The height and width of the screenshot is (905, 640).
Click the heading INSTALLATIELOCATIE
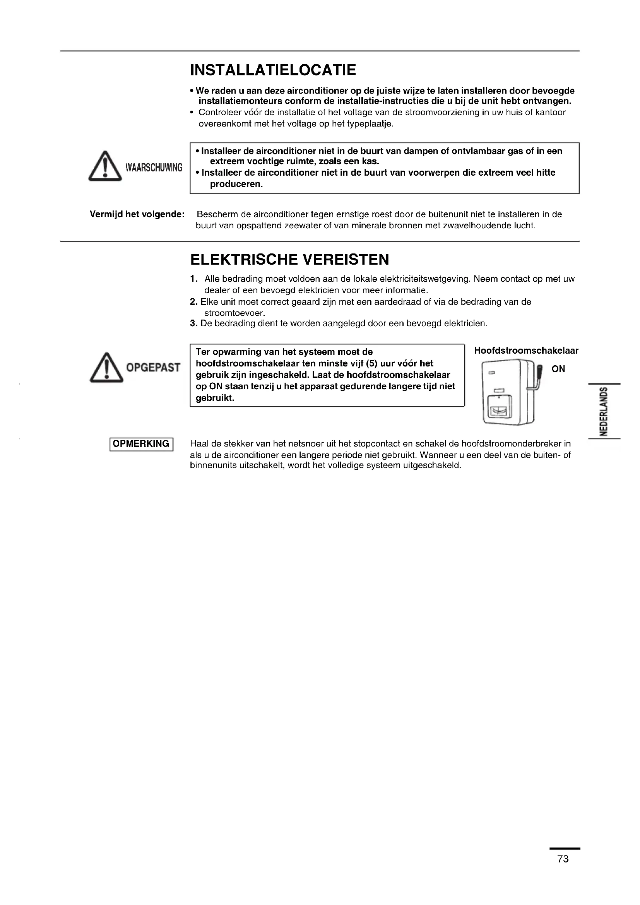point(273,70)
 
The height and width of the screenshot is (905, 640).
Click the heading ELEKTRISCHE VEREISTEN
point(289,260)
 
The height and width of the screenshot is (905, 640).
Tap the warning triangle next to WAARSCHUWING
point(105,167)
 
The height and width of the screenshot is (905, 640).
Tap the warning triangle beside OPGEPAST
point(106,367)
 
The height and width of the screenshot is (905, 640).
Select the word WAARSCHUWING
point(154,168)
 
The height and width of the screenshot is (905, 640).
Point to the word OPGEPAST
point(153,368)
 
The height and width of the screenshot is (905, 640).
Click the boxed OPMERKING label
point(141,444)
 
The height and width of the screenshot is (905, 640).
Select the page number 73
point(563,859)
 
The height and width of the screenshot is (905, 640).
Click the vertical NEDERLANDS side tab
point(602,411)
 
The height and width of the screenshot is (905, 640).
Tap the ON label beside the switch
point(558,369)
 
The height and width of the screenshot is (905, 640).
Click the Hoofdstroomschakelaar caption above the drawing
point(526,351)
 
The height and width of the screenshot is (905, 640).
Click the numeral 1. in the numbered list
point(193,279)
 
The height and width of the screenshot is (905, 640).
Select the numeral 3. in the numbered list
point(193,323)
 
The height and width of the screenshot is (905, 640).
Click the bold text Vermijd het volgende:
point(137,214)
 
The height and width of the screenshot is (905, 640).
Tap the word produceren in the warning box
point(236,184)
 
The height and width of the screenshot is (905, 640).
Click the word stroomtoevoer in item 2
point(234,313)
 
